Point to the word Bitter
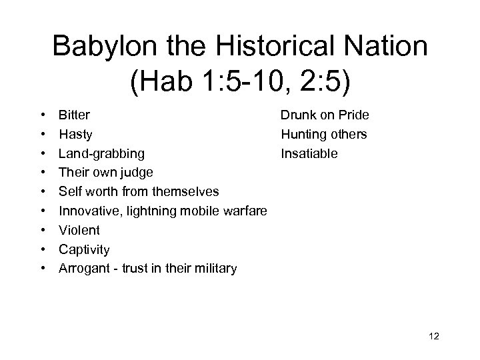74,115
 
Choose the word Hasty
75,135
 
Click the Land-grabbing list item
101,154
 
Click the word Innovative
88,211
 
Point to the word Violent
79,231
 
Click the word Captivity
84,250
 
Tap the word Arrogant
83,269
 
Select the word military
213,269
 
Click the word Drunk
297,115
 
